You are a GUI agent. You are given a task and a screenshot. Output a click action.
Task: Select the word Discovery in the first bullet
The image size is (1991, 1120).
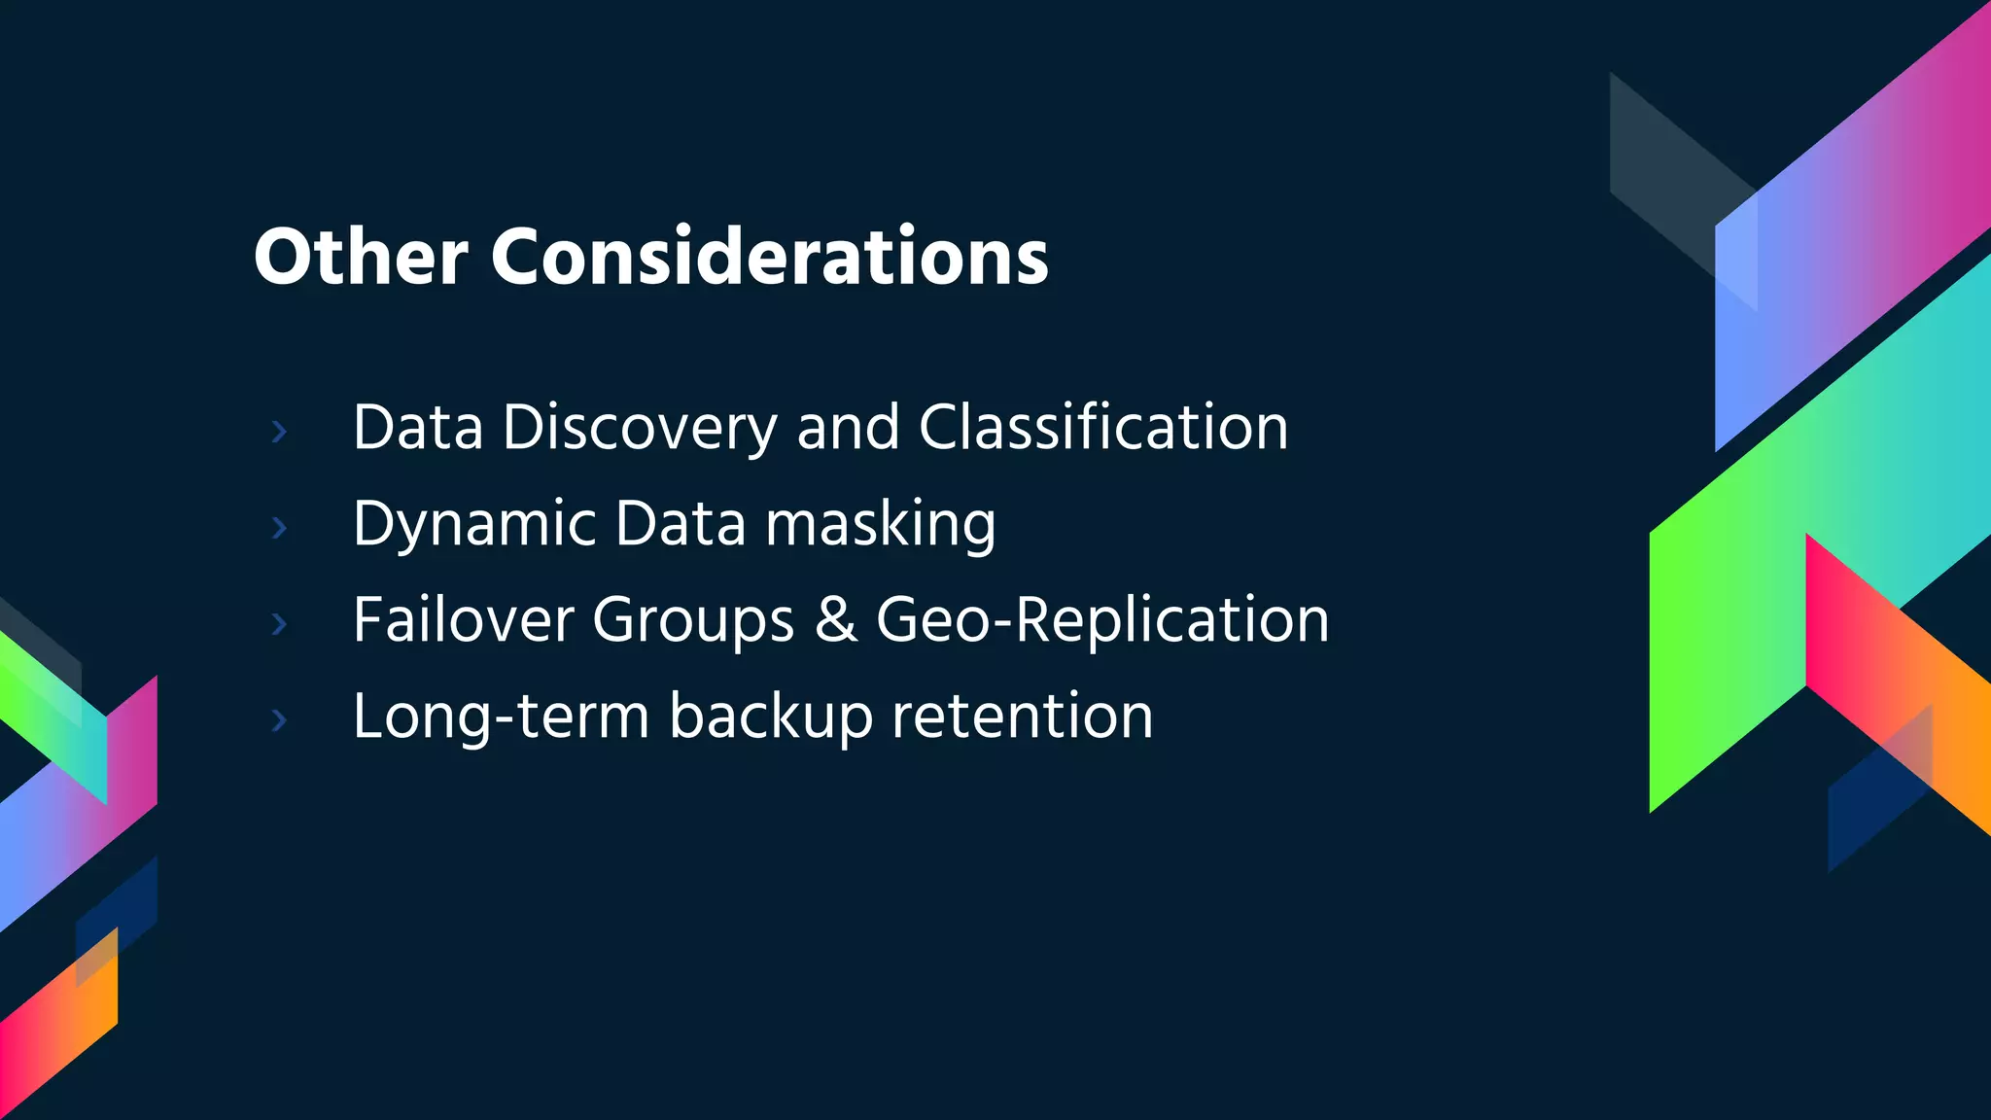click(640, 428)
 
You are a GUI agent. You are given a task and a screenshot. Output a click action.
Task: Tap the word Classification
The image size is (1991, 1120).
click(1103, 428)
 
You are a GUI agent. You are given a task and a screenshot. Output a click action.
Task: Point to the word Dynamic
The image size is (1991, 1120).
click(473, 525)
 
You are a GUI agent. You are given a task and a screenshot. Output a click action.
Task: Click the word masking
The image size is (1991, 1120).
click(880, 525)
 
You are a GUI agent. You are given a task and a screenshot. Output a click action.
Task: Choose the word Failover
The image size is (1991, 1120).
click(463, 620)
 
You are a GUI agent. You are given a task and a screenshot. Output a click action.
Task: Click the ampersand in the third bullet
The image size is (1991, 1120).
click(836, 620)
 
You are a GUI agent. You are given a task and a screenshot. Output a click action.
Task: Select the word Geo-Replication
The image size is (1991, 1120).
click(1102, 620)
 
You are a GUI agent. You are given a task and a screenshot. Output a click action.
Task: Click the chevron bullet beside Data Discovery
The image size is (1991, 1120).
click(280, 431)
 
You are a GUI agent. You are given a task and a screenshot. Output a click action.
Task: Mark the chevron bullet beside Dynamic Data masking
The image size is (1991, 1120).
click(280, 527)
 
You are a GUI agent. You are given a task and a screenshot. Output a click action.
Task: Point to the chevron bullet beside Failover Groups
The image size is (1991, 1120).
click(280, 623)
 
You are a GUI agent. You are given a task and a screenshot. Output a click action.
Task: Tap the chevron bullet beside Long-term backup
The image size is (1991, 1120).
click(280, 719)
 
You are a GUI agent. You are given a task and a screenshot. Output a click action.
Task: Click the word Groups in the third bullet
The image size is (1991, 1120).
click(693, 620)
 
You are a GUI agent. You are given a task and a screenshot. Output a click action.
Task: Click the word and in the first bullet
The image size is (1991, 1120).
click(848, 428)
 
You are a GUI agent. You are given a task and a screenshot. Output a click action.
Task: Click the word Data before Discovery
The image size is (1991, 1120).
click(418, 428)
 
